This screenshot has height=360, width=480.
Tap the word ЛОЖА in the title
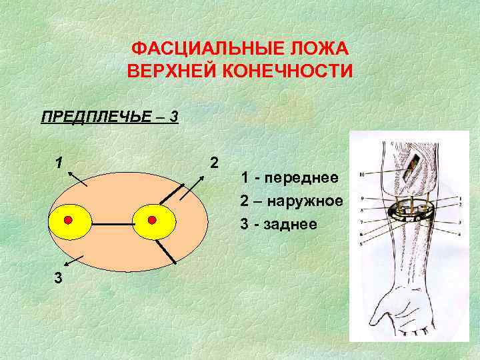[321, 50]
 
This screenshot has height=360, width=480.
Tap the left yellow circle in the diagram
[68, 221]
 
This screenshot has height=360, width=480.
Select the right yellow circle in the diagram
[153, 221]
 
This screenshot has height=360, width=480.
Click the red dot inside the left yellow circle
[68, 220]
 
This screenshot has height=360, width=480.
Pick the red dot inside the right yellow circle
[152, 219]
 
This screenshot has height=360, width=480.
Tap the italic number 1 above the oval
[59, 163]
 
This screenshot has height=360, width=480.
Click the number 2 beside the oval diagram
[213, 163]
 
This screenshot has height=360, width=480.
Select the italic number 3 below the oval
[59, 279]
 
